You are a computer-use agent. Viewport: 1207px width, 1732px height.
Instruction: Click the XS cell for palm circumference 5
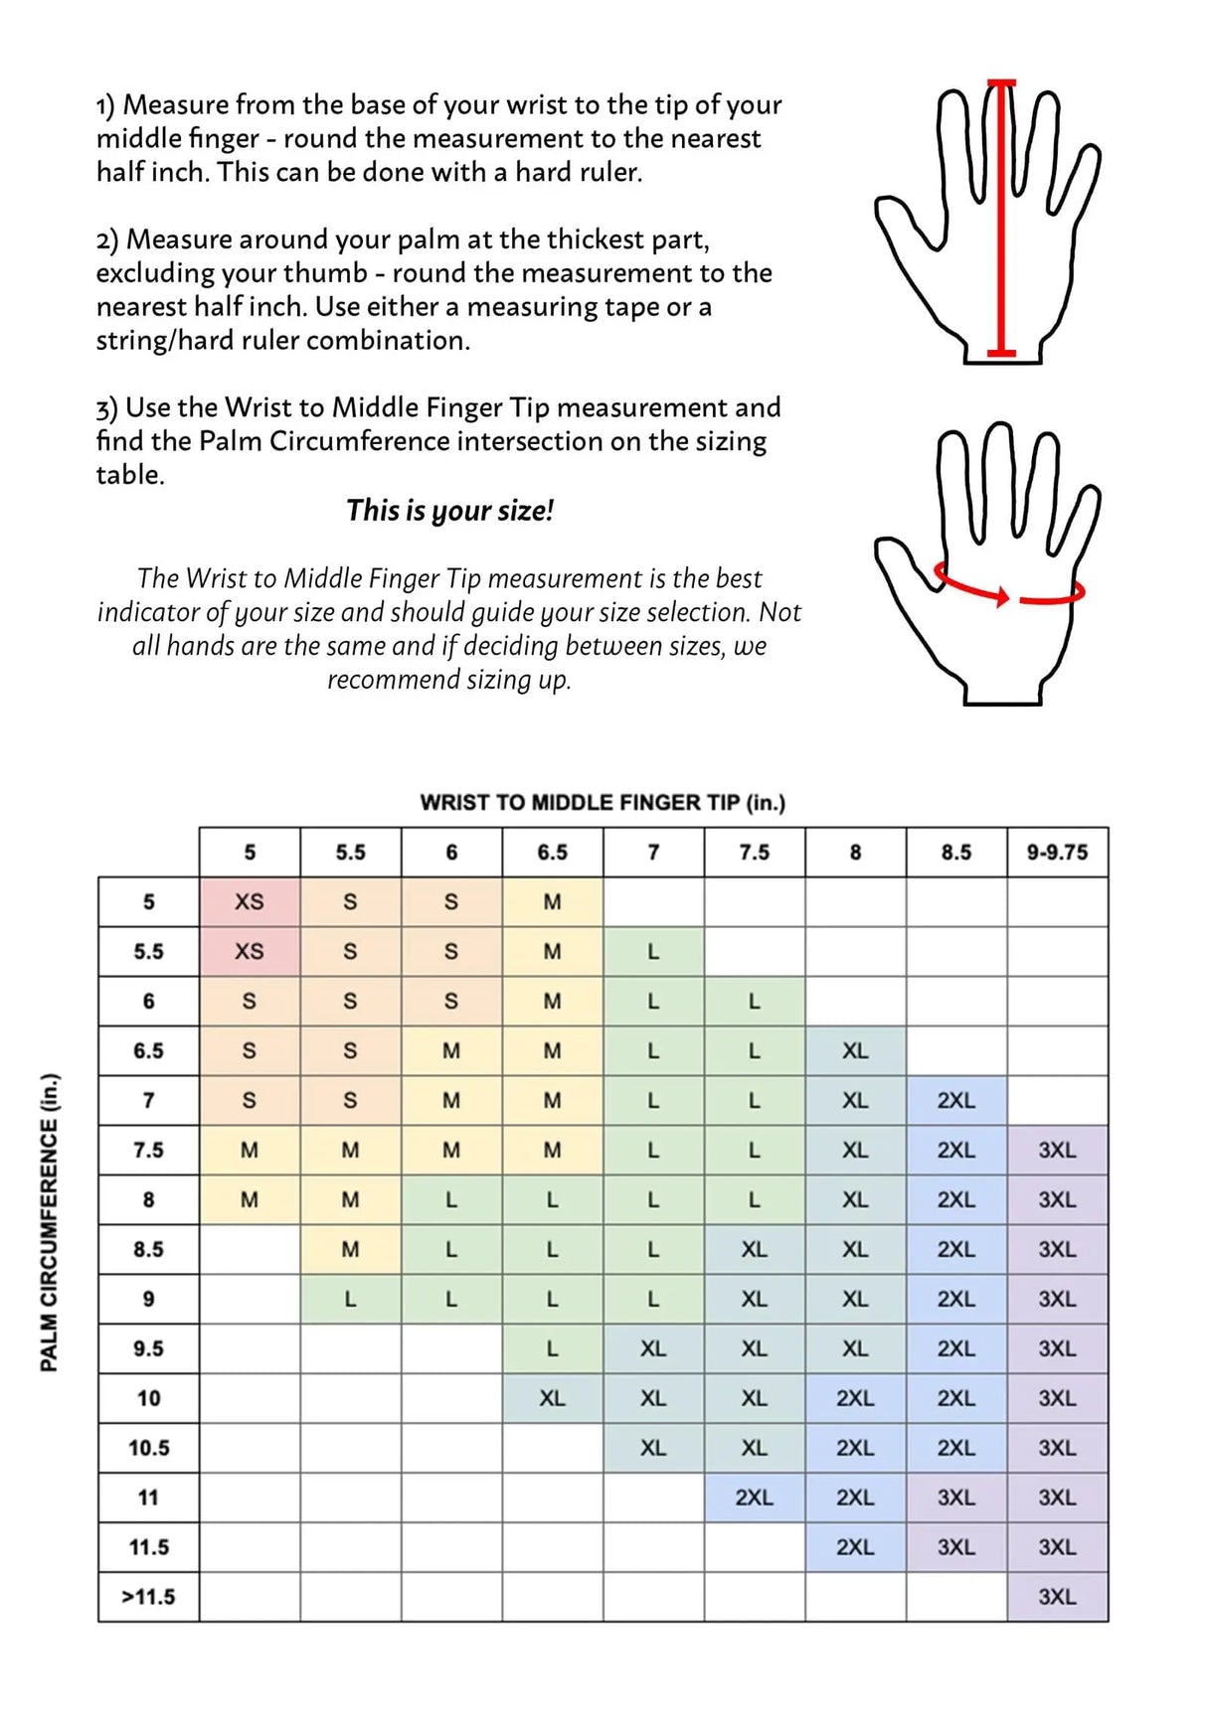tap(250, 901)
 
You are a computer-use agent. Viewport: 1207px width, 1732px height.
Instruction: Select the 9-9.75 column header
tap(1057, 852)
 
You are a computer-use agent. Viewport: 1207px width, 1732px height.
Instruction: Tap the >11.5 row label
tap(148, 1597)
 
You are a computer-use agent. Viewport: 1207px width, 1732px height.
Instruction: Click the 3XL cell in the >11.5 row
tap(1057, 1597)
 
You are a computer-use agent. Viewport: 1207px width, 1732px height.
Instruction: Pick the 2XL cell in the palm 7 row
tap(955, 1100)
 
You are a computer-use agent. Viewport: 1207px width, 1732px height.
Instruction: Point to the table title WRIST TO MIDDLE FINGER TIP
tap(603, 802)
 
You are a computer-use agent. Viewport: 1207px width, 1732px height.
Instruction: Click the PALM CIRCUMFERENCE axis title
tap(49, 1222)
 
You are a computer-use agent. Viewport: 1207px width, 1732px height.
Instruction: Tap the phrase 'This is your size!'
tap(449, 511)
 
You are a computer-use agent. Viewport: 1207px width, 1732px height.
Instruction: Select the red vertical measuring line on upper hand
tap(1002, 219)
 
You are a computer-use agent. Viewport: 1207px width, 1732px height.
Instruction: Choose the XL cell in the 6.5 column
tap(552, 1398)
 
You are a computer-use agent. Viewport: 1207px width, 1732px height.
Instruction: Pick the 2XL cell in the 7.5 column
tap(754, 1497)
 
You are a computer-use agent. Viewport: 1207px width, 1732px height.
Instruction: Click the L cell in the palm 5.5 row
tap(653, 951)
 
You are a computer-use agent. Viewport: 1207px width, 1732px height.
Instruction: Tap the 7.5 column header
tap(754, 852)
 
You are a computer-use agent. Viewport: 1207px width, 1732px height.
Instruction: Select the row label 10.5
tap(148, 1448)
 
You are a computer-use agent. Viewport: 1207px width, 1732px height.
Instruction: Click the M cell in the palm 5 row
tap(552, 901)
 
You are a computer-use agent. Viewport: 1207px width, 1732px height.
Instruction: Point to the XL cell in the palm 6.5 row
tap(855, 1050)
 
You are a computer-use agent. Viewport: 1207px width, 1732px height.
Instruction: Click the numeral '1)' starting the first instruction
tap(105, 105)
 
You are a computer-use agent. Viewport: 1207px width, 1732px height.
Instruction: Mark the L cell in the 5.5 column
tap(350, 1299)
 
